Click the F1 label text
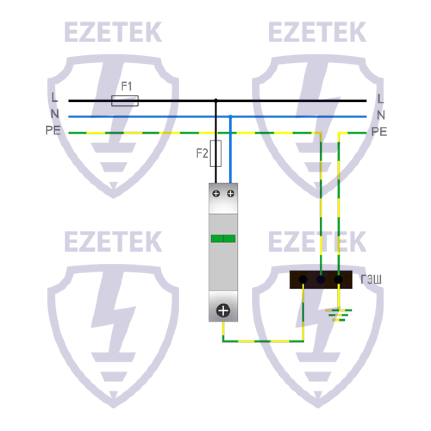pos(127,86)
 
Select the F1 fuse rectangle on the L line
pos(125,100)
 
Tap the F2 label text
pos(202,153)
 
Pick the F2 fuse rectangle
pos(216,154)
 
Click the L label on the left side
pos(54,97)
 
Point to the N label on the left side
pos(55,113)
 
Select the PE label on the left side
pos(53,130)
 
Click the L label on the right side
pos(381,99)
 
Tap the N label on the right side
pos(381,115)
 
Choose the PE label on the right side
pos(379,131)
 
